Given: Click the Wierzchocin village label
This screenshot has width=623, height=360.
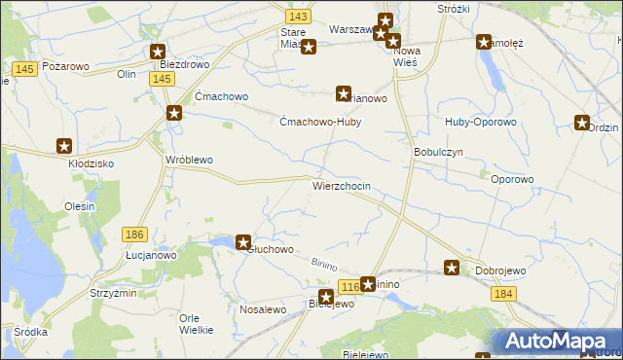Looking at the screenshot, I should [x=341, y=185].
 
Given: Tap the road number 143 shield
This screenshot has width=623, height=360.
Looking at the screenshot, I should [x=299, y=17].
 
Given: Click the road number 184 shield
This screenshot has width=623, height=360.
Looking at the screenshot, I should [x=502, y=293].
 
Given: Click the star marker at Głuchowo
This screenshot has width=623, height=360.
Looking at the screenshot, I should [x=243, y=243].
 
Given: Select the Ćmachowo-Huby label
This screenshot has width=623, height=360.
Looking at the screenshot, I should [x=320, y=123].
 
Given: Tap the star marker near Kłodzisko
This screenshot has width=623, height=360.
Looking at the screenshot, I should [x=64, y=146].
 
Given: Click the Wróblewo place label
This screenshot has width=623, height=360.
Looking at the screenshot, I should [x=189, y=160].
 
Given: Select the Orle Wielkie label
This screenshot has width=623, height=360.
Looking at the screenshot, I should [x=197, y=324].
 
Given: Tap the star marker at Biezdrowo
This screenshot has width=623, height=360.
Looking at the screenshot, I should [x=158, y=53].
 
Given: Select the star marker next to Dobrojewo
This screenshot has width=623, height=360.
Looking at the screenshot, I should [x=453, y=268].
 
